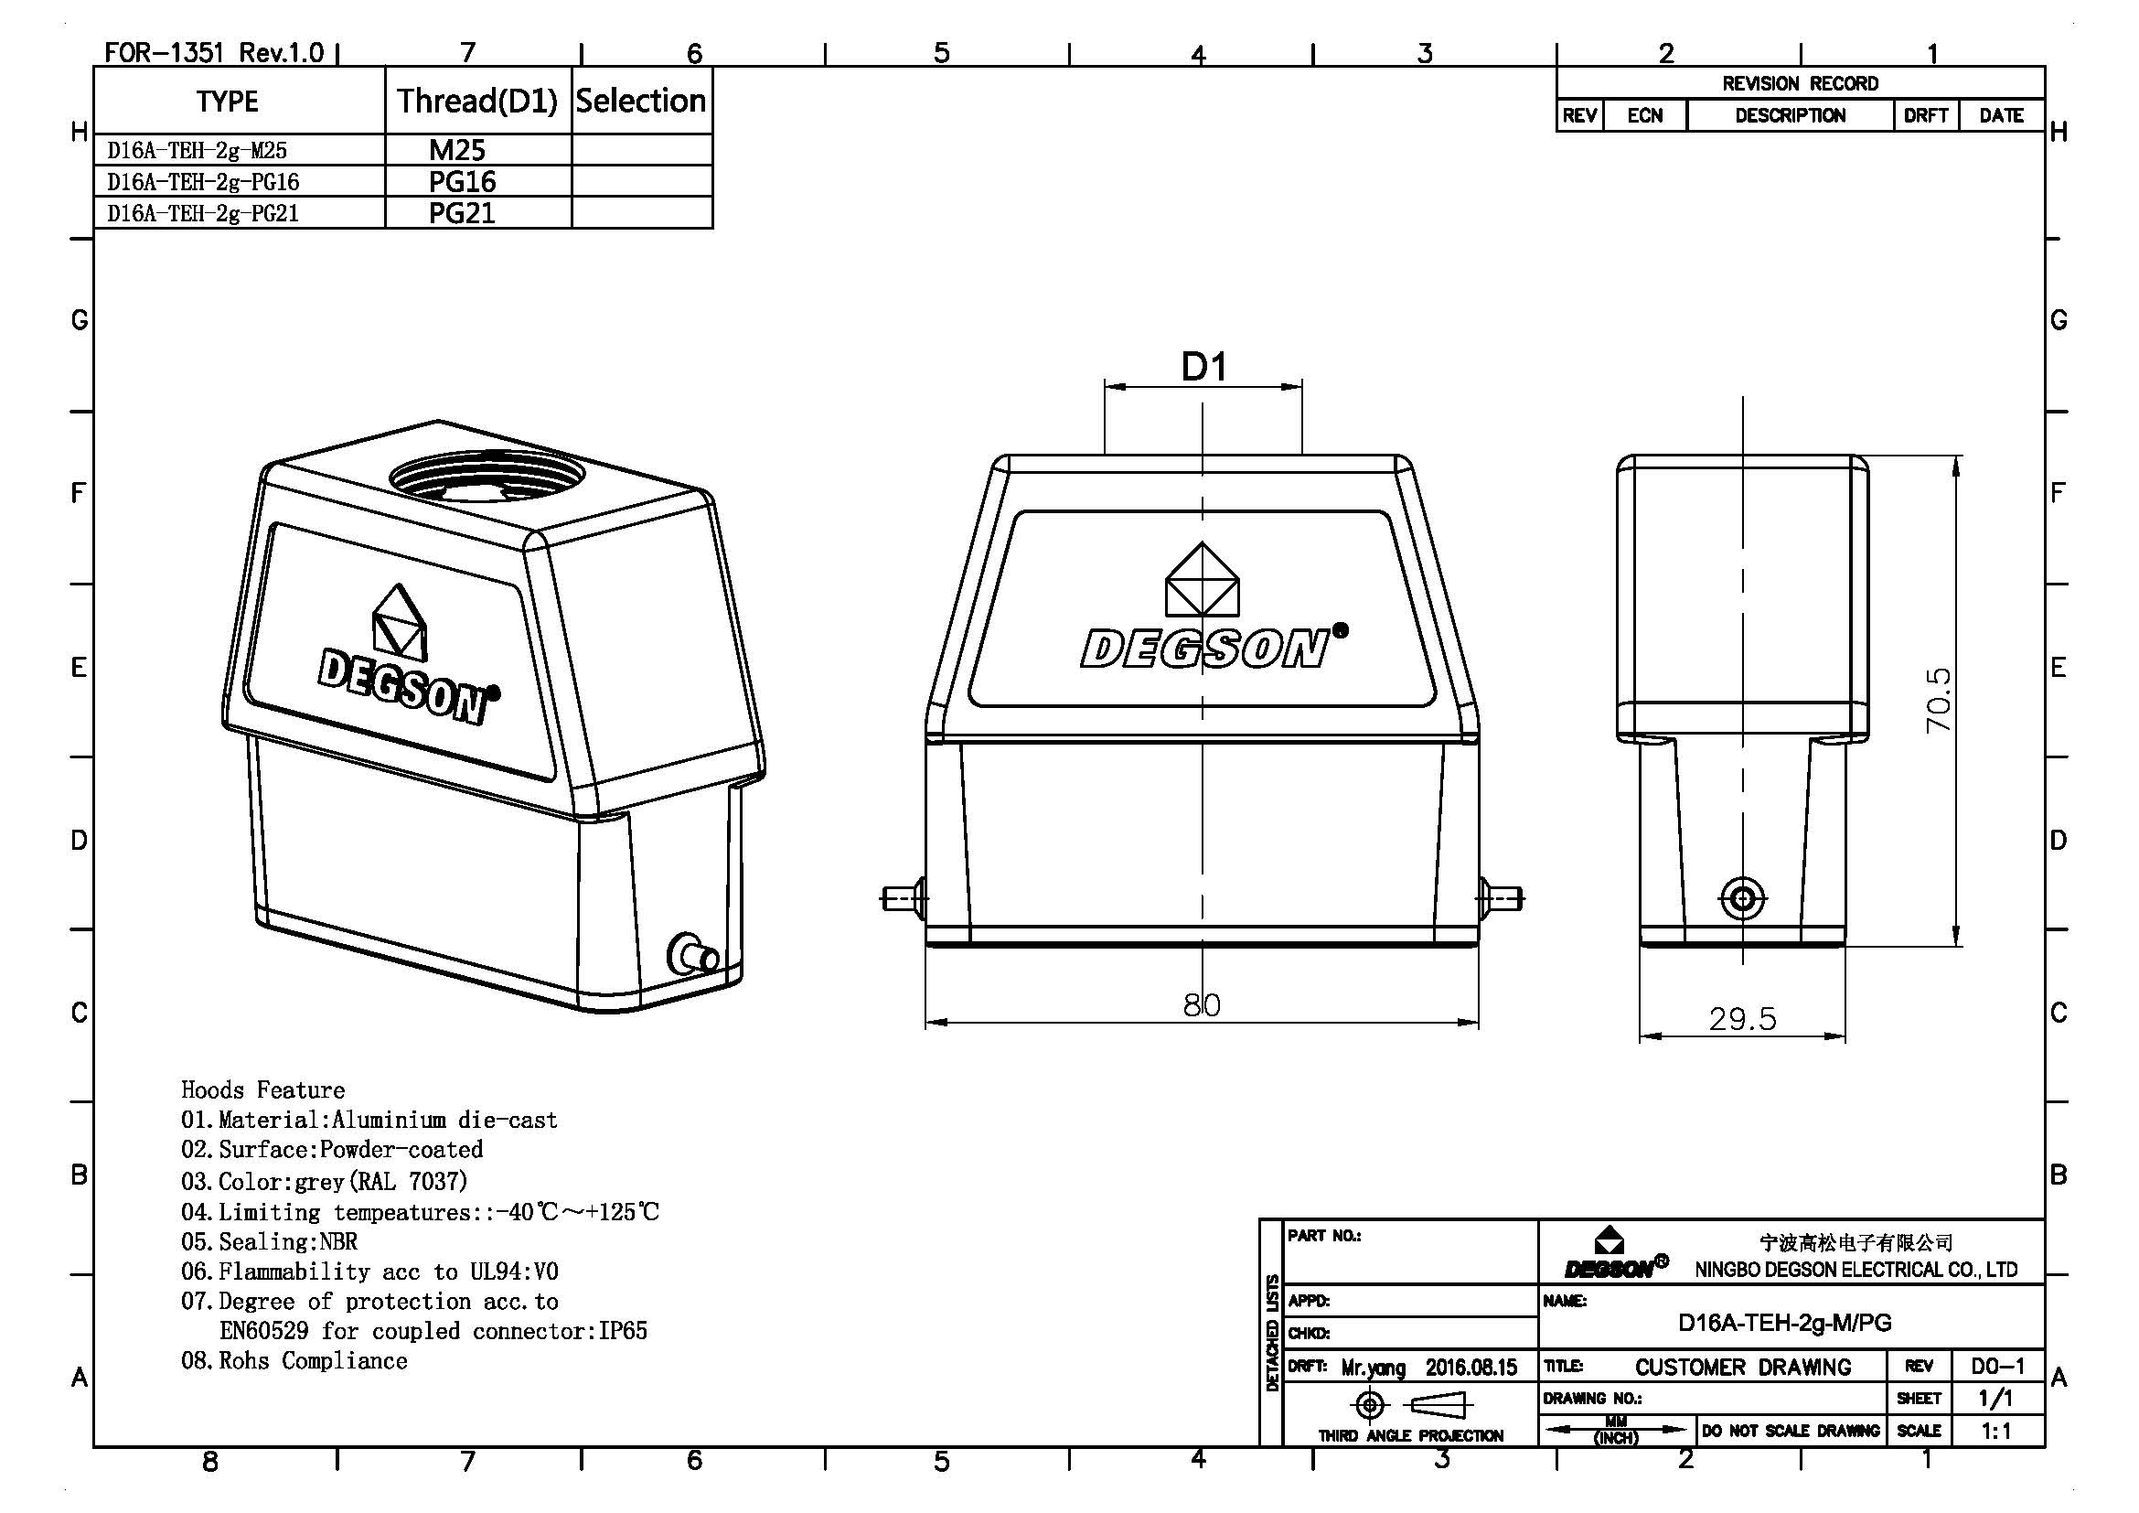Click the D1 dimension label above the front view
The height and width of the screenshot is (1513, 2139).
coord(1203,367)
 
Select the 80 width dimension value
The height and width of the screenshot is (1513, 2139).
coord(1202,1004)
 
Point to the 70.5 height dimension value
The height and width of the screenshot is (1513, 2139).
coord(1938,700)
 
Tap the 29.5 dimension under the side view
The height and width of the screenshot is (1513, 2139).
coord(1742,1019)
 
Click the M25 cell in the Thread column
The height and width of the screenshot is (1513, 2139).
coord(456,150)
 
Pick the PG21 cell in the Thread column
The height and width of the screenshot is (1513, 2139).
coord(461,213)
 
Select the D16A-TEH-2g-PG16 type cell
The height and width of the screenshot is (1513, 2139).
coord(203,182)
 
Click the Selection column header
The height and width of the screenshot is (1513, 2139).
coord(641,101)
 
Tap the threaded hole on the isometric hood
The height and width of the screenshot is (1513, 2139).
coord(487,476)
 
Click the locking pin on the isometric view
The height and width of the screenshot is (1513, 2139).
coord(694,955)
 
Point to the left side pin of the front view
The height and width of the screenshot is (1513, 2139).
coord(902,898)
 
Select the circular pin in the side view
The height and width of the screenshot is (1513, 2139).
coord(1742,899)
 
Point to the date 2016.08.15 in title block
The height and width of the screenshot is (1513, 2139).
coord(1471,1368)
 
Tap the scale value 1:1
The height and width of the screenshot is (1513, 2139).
coord(1996,1431)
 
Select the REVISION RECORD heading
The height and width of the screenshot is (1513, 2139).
coord(1799,84)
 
